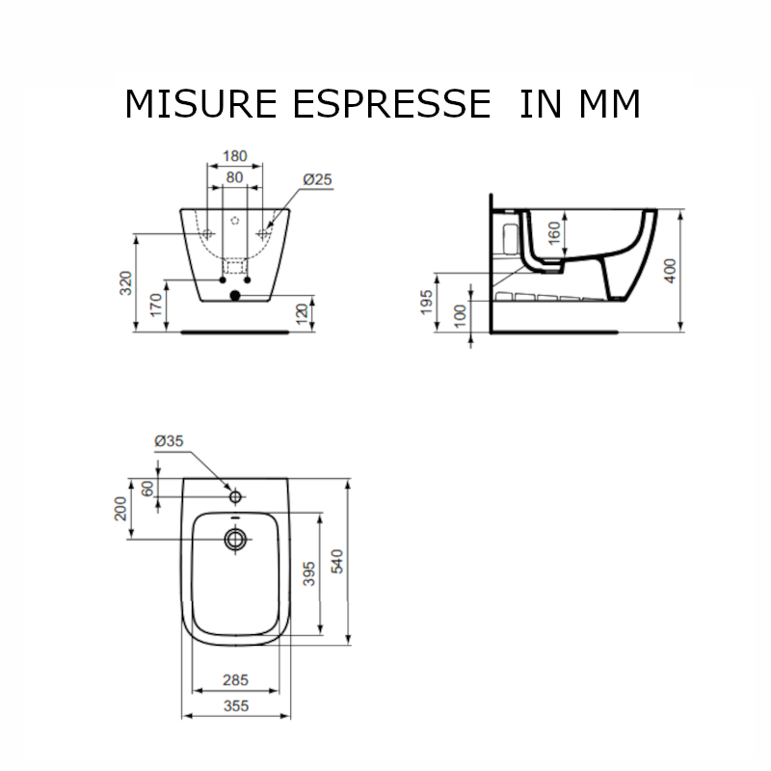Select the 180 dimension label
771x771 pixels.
point(235,156)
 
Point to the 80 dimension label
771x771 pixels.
point(234,177)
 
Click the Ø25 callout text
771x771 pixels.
point(317,179)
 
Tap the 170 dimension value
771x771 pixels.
point(157,307)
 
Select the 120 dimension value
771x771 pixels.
point(303,315)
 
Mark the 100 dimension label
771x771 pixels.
point(460,316)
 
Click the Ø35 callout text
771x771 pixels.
point(169,440)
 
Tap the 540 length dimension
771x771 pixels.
point(337,561)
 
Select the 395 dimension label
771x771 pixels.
point(309,575)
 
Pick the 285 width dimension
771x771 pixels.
point(235,680)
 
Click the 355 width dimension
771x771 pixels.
point(235,705)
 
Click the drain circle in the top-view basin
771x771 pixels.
point(234,539)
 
